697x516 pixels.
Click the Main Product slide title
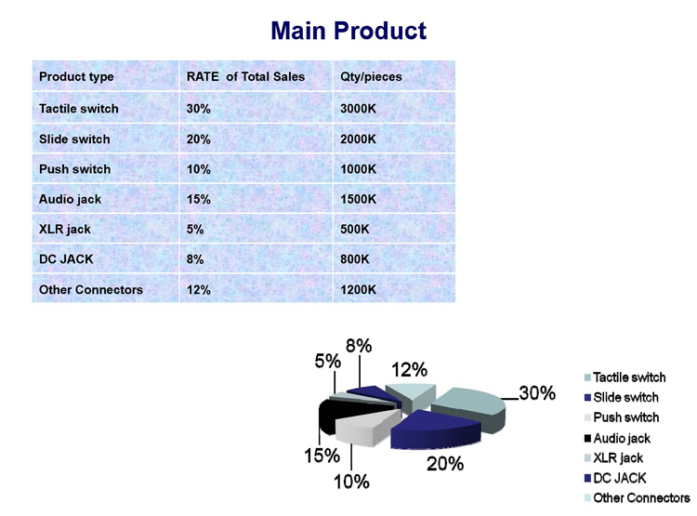click(348, 31)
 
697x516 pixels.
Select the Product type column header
click(76, 76)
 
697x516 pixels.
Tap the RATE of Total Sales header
click(245, 76)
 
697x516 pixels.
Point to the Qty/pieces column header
click(371, 76)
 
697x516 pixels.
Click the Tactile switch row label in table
click(79, 109)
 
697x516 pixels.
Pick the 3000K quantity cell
click(359, 109)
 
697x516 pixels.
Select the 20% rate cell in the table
click(198, 139)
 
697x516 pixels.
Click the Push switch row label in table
click(74, 169)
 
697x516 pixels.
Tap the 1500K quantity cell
click(359, 199)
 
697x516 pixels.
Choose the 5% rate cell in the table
click(195, 229)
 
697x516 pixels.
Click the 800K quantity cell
click(355, 258)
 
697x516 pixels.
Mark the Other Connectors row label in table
click(91, 289)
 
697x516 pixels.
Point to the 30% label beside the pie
click(537, 393)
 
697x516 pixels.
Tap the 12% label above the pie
click(410, 370)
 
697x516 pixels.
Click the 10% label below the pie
click(351, 482)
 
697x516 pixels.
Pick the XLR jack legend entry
click(614, 457)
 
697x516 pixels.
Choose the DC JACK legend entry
click(615, 478)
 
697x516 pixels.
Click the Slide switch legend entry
click(622, 397)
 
